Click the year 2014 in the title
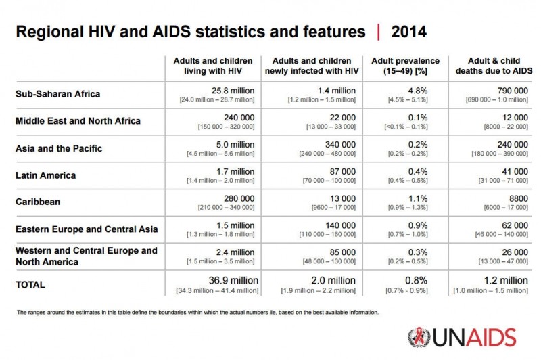click(408, 32)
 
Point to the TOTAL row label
click(30, 285)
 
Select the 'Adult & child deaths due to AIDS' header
click(499, 66)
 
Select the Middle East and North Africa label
click(78, 121)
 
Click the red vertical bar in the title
click(378, 32)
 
